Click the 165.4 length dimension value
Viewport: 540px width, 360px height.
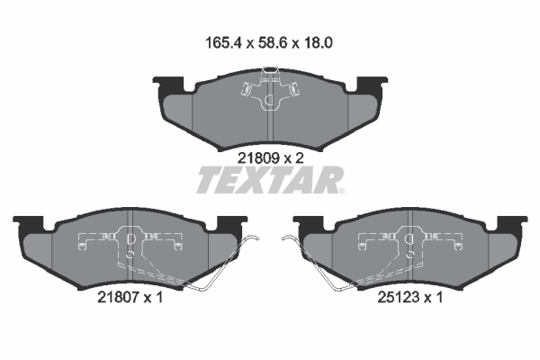[x=224, y=43]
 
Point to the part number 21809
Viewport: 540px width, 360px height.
[x=258, y=158]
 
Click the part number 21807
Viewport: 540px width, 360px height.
[x=118, y=297]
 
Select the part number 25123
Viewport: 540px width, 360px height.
[x=399, y=297]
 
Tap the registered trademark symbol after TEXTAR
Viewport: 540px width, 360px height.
[x=341, y=191]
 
